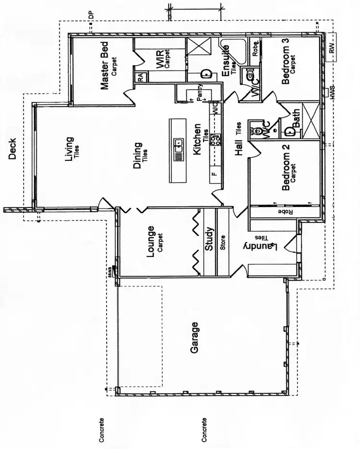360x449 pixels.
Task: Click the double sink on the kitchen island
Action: point(178,145)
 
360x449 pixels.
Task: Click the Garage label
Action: point(194,338)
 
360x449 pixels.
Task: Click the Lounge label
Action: point(151,242)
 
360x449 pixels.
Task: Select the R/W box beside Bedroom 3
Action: point(331,47)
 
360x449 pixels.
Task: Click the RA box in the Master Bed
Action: point(140,76)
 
